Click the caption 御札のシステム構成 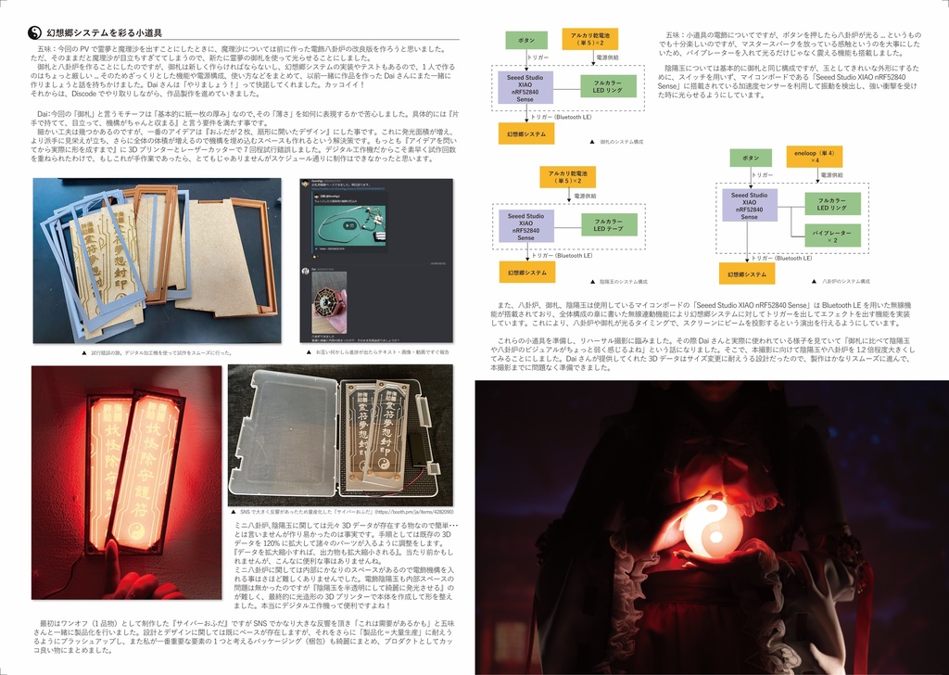click(621, 142)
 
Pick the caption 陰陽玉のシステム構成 click(622, 281)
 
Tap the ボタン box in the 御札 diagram click(525, 41)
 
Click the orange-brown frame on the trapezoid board click(252, 255)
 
